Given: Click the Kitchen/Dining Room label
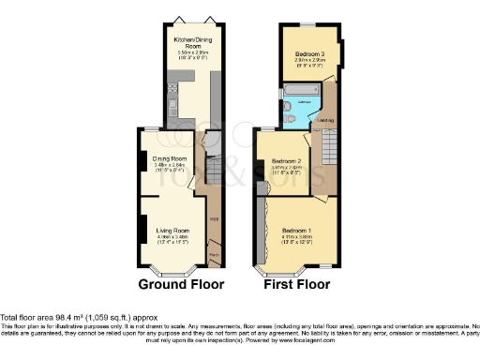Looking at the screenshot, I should click(x=189, y=44).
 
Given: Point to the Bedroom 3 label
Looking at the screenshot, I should click(x=308, y=53).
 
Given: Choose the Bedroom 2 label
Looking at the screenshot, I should click(x=285, y=161).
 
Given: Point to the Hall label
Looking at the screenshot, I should click(x=214, y=218).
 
